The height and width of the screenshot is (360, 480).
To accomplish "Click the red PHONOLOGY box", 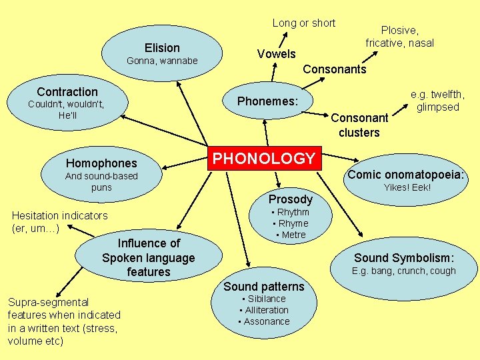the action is pyautogui.click(x=264, y=159).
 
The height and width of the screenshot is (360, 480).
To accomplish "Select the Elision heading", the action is pyautogui.click(x=162, y=48).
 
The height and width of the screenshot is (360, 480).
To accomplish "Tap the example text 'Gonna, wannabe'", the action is pyautogui.click(x=162, y=61).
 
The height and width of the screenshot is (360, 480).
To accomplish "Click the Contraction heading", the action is pyautogui.click(x=67, y=92).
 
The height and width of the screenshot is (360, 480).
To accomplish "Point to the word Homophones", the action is pyautogui.click(x=101, y=163).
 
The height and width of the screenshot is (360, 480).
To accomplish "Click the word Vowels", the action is pyautogui.click(x=277, y=54).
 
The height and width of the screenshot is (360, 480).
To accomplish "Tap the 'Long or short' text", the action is pyautogui.click(x=304, y=23).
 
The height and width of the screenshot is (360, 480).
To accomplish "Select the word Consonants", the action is pyautogui.click(x=335, y=69).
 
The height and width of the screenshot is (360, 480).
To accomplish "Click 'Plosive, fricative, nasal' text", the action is pyautogui.click(x=399, y=37).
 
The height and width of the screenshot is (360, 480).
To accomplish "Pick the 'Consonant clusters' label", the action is pyautogui.click(x=359, y=125).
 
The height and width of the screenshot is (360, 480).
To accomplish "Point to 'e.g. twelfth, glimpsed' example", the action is pyautogui.click(x=437, y=101).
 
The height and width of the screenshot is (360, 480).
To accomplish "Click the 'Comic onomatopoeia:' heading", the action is pyautogui.click(x=406, y=175).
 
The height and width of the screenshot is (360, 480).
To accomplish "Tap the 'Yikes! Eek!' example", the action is pyautogui.click(x=407, y=188).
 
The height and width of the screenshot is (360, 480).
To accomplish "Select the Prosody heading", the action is pyautogui.click(x=290, y=199).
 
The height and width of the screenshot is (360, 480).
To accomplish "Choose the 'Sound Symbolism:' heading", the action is pyautogui.click(x=404, y=258).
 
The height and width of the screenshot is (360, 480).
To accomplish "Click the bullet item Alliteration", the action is pyautogui.click(x=266, y=310).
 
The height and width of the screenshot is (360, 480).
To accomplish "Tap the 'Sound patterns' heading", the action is pyautogui.click(x=264, y=287).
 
